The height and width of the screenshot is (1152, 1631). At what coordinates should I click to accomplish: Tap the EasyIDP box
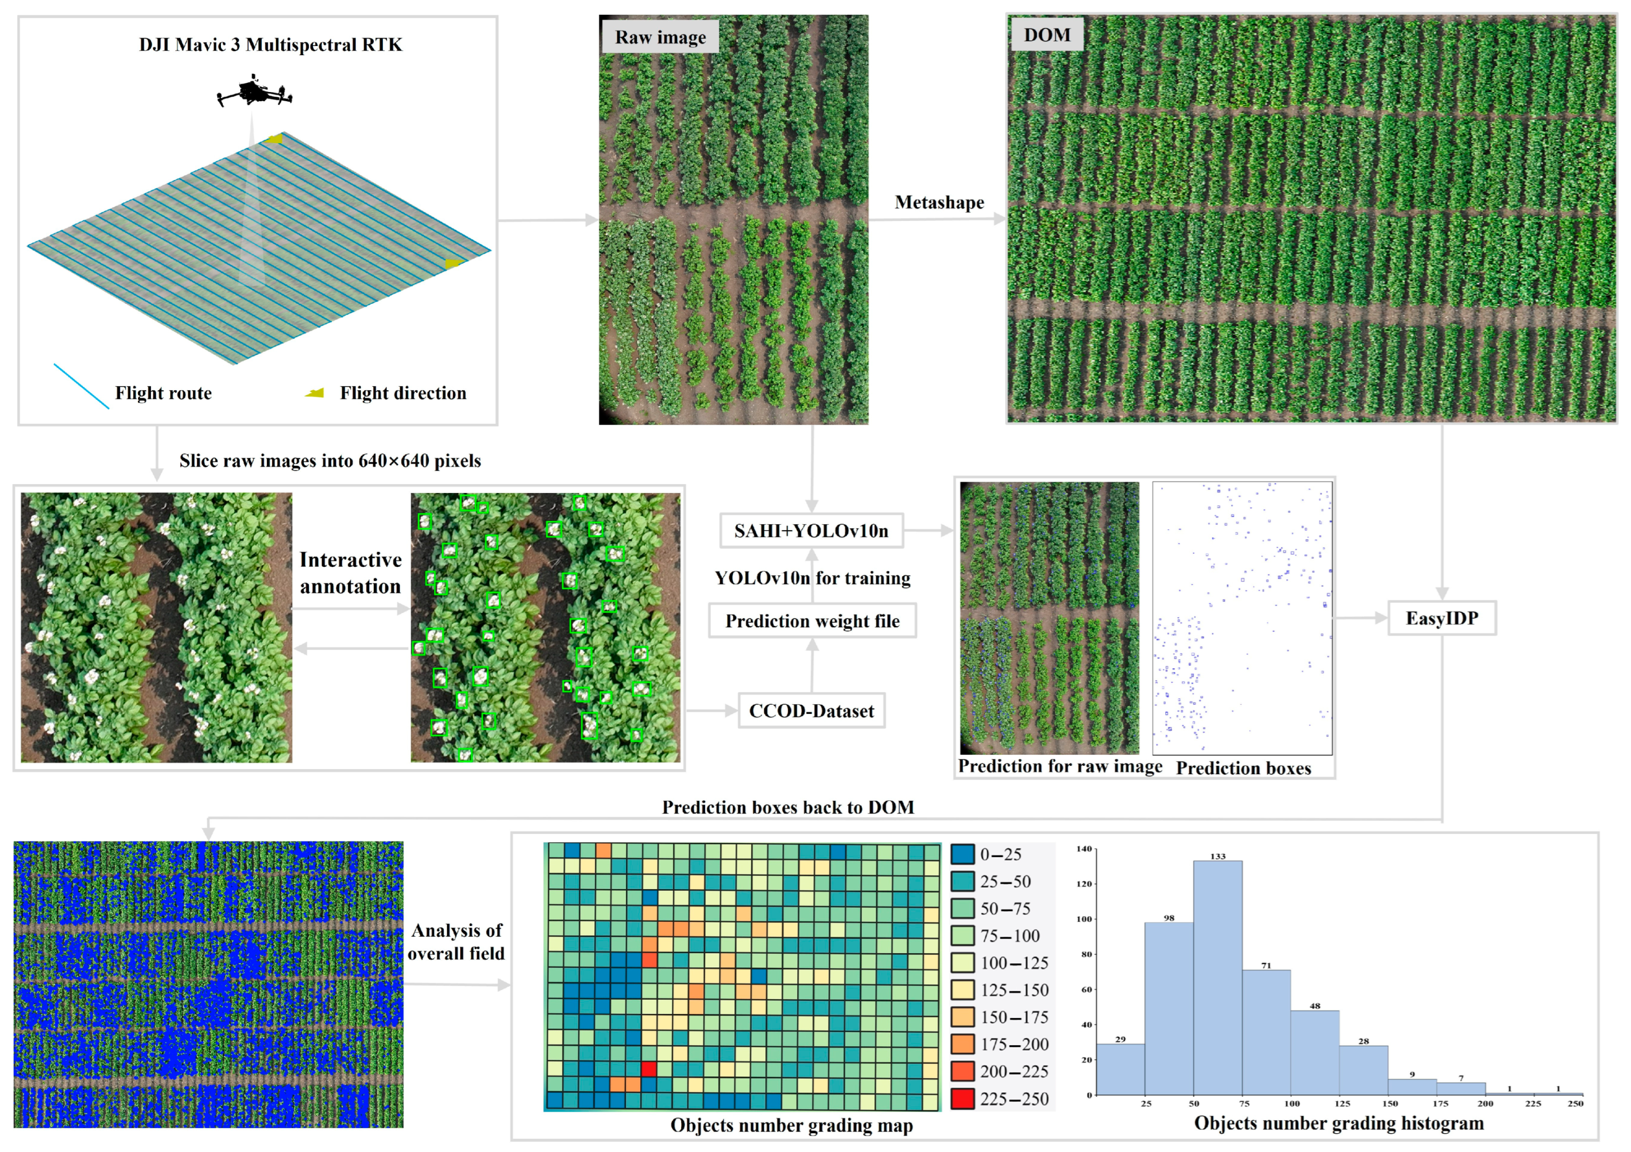coord(1441,618)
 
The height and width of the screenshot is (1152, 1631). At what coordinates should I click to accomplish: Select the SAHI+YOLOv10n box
coord(811,531)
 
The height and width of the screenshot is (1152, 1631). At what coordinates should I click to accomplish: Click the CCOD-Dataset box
coord(811,711)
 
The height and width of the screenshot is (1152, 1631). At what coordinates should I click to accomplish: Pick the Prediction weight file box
coord(812,621)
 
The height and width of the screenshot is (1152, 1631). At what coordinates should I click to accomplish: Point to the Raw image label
coord(660,37)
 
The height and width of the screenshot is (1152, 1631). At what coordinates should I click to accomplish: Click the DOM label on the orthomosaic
coord(1047,35)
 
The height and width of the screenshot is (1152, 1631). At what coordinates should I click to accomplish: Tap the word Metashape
coord(939,202)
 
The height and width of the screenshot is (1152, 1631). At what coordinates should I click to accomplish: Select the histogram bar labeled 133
coord(1217,977)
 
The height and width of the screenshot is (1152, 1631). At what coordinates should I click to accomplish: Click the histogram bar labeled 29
coord(1120,1069)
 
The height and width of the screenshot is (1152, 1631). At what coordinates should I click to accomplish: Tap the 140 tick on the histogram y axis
coord(1084,849)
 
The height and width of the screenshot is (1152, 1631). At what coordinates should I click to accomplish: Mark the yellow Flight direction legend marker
coord(314,393)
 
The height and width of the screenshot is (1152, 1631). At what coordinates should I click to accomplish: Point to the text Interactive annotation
coord(350,573)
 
